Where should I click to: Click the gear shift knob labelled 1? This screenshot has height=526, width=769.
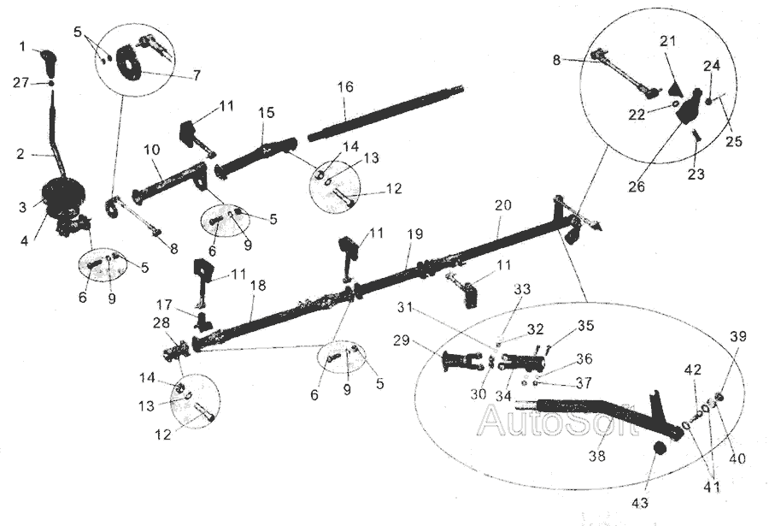pos(49,61)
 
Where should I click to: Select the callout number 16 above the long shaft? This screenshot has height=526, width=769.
pos(344,88)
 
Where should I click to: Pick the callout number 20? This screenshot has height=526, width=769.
pos(502,206)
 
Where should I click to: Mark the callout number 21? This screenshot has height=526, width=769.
pos(667,42)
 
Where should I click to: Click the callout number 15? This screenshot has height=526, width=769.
pos(267,113)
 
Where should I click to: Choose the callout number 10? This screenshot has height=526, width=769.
pos(151,149)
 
